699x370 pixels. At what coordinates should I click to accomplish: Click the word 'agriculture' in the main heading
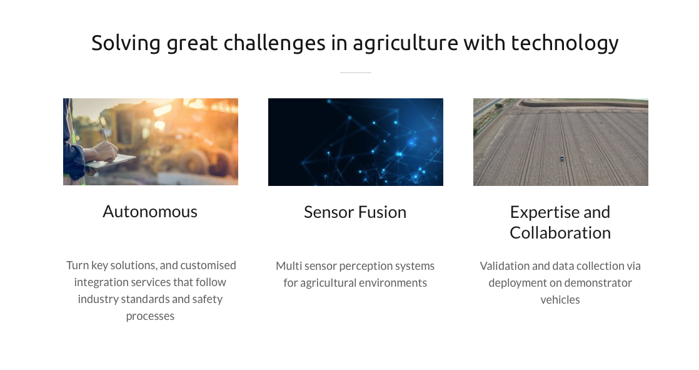405,44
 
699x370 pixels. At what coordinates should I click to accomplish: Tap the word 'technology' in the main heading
565,44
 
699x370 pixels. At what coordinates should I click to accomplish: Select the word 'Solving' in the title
126,44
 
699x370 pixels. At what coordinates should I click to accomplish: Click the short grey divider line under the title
355,72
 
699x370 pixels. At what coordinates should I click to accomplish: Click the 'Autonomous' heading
150,212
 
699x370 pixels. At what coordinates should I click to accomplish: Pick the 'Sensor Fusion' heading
355,212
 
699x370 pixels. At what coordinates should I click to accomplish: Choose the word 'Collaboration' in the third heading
560,232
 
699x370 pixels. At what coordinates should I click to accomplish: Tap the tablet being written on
111,162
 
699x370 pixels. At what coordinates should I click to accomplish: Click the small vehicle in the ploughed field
561,158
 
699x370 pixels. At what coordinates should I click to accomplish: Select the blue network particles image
356,142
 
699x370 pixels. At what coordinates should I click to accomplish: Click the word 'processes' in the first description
150,316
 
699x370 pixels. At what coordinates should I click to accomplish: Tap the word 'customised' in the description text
208,265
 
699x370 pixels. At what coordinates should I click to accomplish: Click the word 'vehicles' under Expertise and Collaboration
560,300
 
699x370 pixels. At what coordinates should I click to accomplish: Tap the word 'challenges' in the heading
274,44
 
